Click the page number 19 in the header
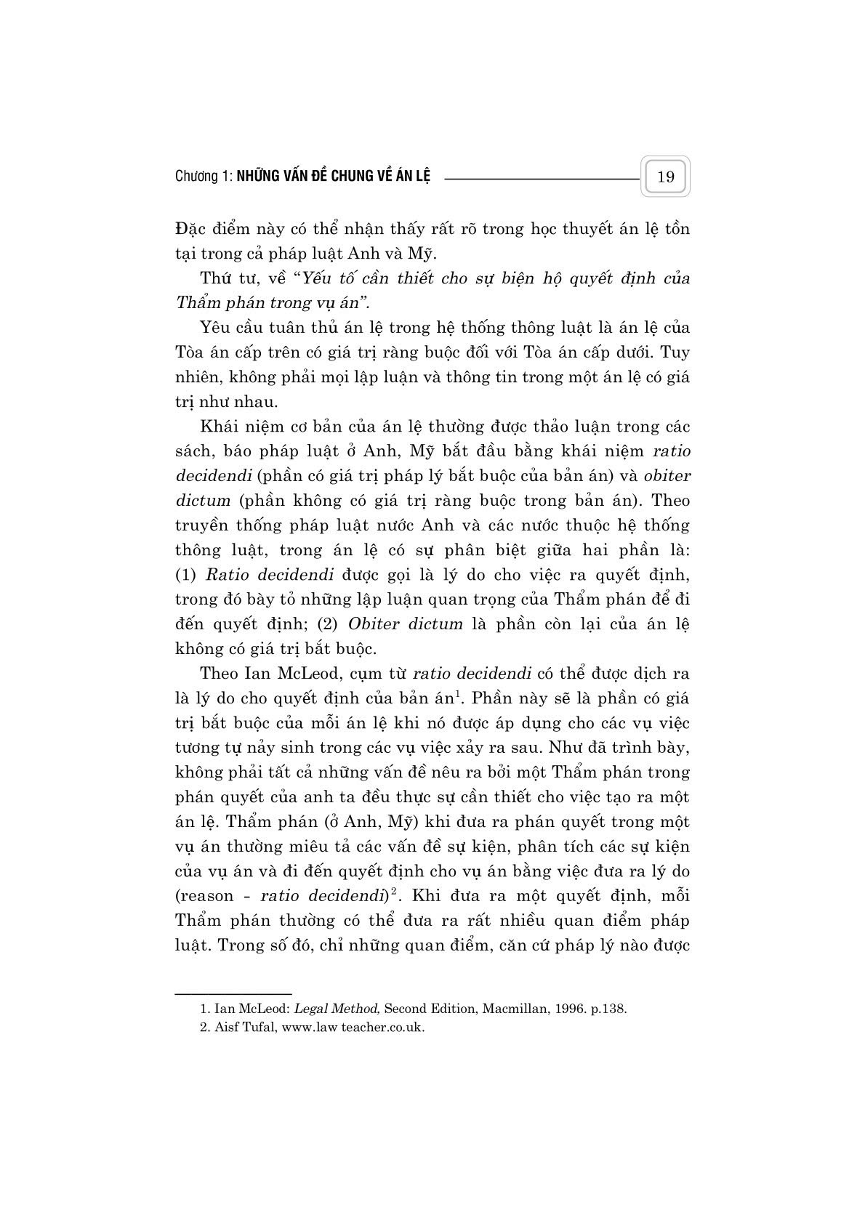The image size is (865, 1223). click(665, 177)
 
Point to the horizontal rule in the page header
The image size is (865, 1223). click(539, 177)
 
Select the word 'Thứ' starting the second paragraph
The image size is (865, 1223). click(214, 278)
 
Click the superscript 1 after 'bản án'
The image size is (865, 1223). click(457, 695)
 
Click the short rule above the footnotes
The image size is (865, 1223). click(233, 993)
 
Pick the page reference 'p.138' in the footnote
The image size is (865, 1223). click(609, 1009)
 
